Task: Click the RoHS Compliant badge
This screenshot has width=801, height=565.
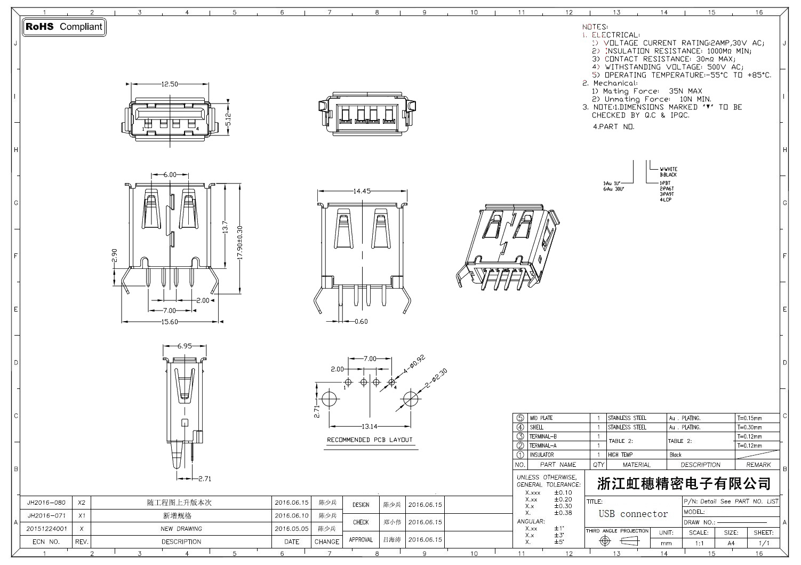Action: (64, 27)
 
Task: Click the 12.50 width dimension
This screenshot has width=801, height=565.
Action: (170, 84)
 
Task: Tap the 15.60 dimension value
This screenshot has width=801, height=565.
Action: (170, 322)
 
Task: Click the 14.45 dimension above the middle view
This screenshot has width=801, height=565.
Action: (362, 191)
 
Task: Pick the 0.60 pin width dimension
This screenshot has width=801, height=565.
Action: (361, 321)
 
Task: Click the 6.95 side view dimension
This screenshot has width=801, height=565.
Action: (185, 346)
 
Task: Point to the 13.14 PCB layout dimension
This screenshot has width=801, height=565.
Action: (370, 426)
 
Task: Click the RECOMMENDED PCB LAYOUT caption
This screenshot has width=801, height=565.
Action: (370, 440)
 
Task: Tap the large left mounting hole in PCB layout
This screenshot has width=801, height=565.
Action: (329, 399)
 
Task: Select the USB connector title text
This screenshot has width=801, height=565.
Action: (633, 514)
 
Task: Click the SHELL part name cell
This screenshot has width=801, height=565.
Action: (536, 427)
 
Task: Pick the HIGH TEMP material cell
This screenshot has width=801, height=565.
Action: (620, 455)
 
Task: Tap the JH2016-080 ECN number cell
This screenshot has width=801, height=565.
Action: (46, 503)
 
